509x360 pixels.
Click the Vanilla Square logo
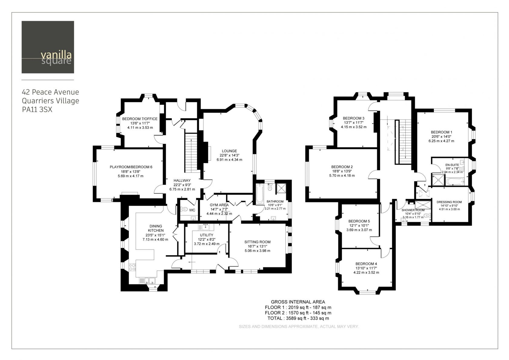48,47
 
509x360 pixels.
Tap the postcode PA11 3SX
37,110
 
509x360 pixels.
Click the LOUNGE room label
229,151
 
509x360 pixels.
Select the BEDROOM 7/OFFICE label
140,119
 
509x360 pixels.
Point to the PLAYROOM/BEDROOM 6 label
131,167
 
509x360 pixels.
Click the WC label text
192,210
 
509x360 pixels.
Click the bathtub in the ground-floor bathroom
259,194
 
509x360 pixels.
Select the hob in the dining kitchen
132,267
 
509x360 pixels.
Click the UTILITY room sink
206,227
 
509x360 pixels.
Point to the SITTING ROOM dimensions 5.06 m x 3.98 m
258,251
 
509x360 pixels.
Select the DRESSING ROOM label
449,202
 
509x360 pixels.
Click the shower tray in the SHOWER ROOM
423,205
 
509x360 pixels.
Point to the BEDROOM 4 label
366,264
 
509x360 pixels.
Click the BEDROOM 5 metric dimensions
359,230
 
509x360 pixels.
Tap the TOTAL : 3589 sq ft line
298,318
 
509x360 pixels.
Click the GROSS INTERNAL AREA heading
298,302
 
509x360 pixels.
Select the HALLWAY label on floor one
182,181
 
